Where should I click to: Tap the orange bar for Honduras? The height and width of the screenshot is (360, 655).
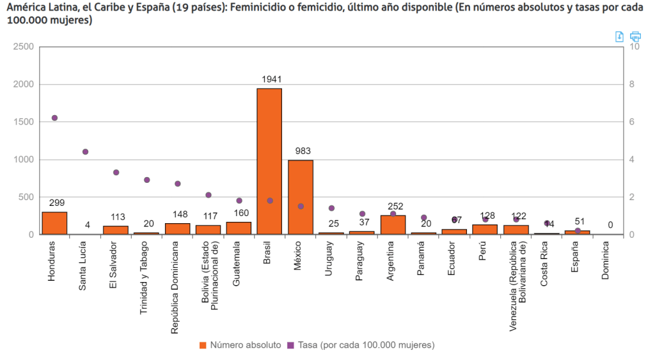[54, 223]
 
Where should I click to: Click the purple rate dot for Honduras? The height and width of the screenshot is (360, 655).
[54, 118]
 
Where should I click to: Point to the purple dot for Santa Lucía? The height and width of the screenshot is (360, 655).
[85, 152]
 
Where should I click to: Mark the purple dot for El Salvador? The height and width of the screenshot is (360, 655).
[116, 172]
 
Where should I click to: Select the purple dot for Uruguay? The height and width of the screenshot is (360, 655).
[331, 208]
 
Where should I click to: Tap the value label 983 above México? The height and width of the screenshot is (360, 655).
[303, 151]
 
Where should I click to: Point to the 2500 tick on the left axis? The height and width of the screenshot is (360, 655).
[24, 47]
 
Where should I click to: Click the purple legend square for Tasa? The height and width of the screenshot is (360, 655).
[290, 345]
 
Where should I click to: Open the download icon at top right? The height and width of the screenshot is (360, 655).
[619, 36]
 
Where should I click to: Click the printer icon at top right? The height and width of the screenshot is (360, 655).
[635, 36]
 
